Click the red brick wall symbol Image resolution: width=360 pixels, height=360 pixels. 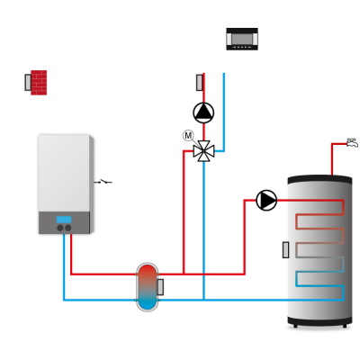pyautogui.click(x=39, y=83)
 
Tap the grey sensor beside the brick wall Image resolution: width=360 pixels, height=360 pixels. pyautogui.click(x=28, y=83)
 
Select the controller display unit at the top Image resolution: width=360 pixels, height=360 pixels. pyautogui.click(x=242, y=39)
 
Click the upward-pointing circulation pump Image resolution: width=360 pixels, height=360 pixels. pyautogui.click(x=203, y=112)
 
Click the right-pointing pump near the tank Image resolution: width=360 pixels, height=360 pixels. pyautogui.click(x=266, y=200)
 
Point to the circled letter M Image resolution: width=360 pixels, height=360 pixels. pyautogui.click(x=188, y=136)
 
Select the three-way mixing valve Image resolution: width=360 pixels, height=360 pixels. pyautogui.click(x=203, y=151)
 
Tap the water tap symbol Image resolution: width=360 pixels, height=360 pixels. pyautogui.click(x=352, y=143)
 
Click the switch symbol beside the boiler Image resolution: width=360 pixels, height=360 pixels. pyautogui.click(x=103, y=182)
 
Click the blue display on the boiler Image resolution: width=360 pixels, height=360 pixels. pyautogui.click(x=64, y=220)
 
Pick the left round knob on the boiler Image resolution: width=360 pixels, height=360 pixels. pyautogui.click(x=60, y=228)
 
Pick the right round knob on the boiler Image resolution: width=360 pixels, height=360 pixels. pyautogui.click(x=68, y=228)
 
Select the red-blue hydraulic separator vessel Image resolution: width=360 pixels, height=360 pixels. pyautogui.click(x=148, y=287)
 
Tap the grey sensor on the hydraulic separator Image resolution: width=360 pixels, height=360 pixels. pyautogui.click(x=160, y=287)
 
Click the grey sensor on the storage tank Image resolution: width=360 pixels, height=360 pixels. pyautogui.click(x=286, y=250)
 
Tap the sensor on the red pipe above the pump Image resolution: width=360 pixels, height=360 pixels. pyautogui.click(x=200, y=83)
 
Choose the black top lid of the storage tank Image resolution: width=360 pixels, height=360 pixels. pyautogui.click(x=319, y=179)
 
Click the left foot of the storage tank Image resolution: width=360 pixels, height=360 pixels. pyautogui.click(x=295, y=326)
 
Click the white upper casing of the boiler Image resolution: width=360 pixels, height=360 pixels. pyautogui.click(x=64, y=173)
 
